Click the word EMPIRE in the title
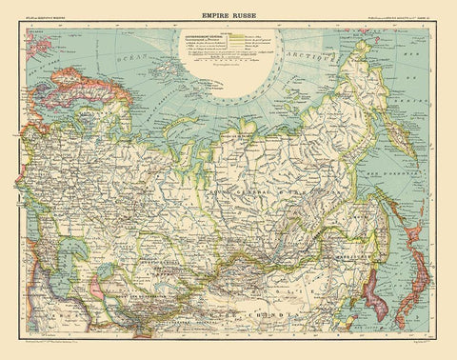point(214,15)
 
